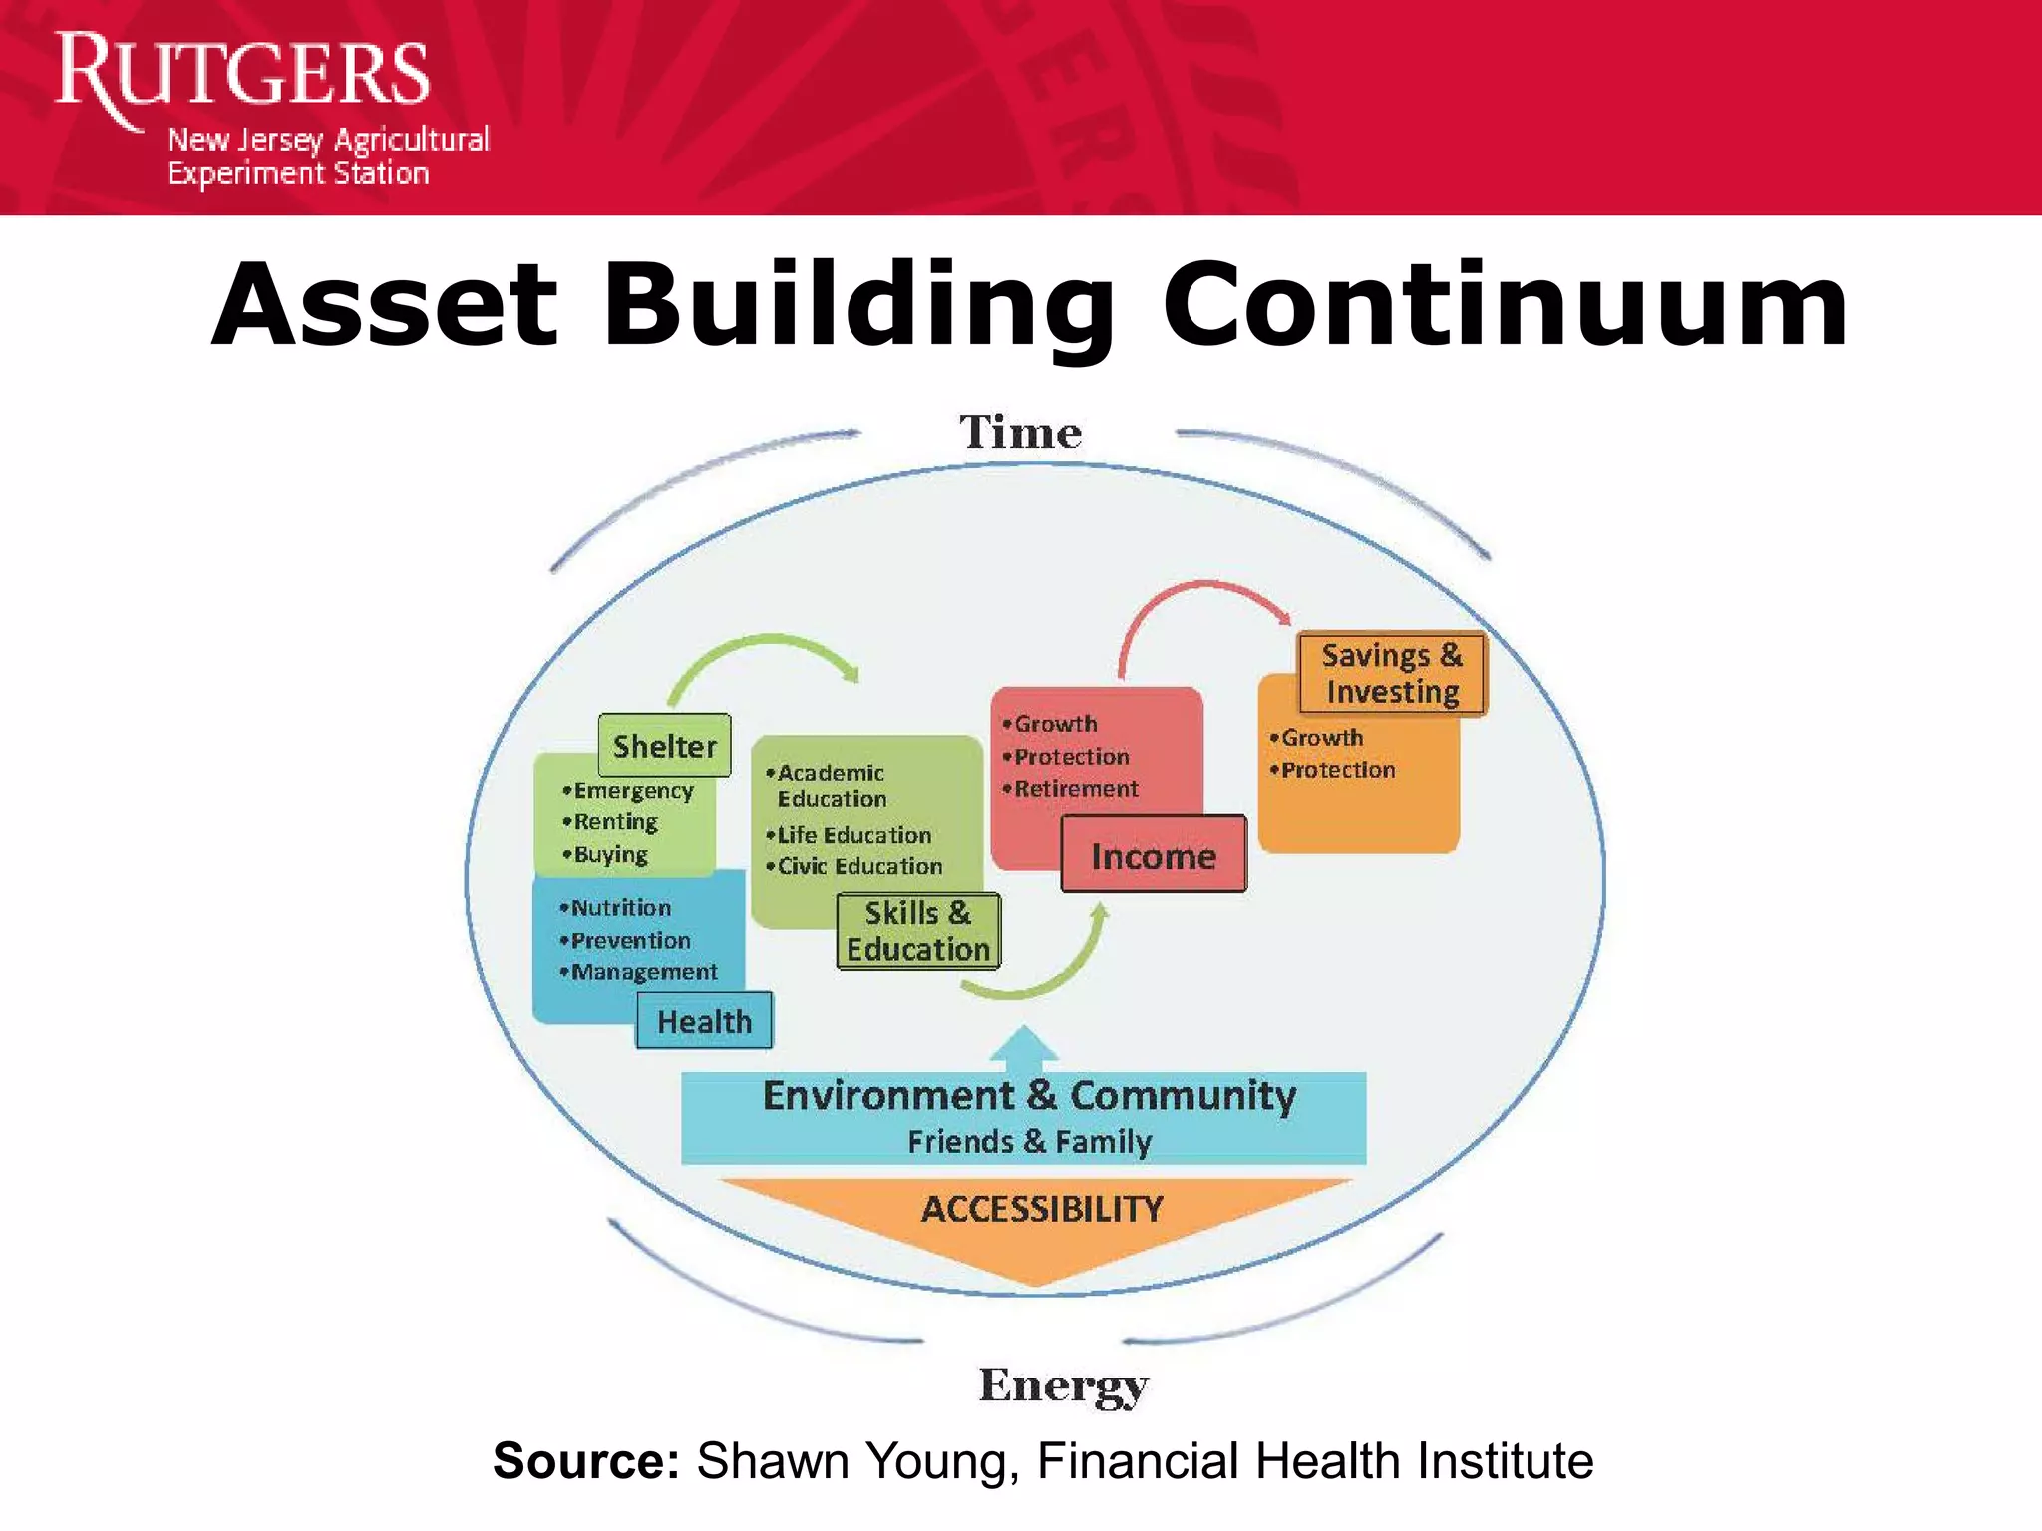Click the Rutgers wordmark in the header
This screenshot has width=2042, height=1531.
(241, 72)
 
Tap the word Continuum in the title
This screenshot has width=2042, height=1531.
(1506, 305)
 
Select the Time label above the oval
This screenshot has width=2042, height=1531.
(1020, 432)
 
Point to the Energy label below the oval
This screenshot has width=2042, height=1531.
(1063, 1384)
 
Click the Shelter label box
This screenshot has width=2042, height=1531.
(664, 746)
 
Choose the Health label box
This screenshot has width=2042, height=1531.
(704, 1021)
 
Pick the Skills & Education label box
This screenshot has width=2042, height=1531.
(918, 931)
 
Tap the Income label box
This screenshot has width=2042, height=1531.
(1154, 855)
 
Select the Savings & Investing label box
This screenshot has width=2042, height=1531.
(1392, 673)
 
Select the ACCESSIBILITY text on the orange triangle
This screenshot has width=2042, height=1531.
(1042, 1209)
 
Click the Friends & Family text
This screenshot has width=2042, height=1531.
(1029, 1141)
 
